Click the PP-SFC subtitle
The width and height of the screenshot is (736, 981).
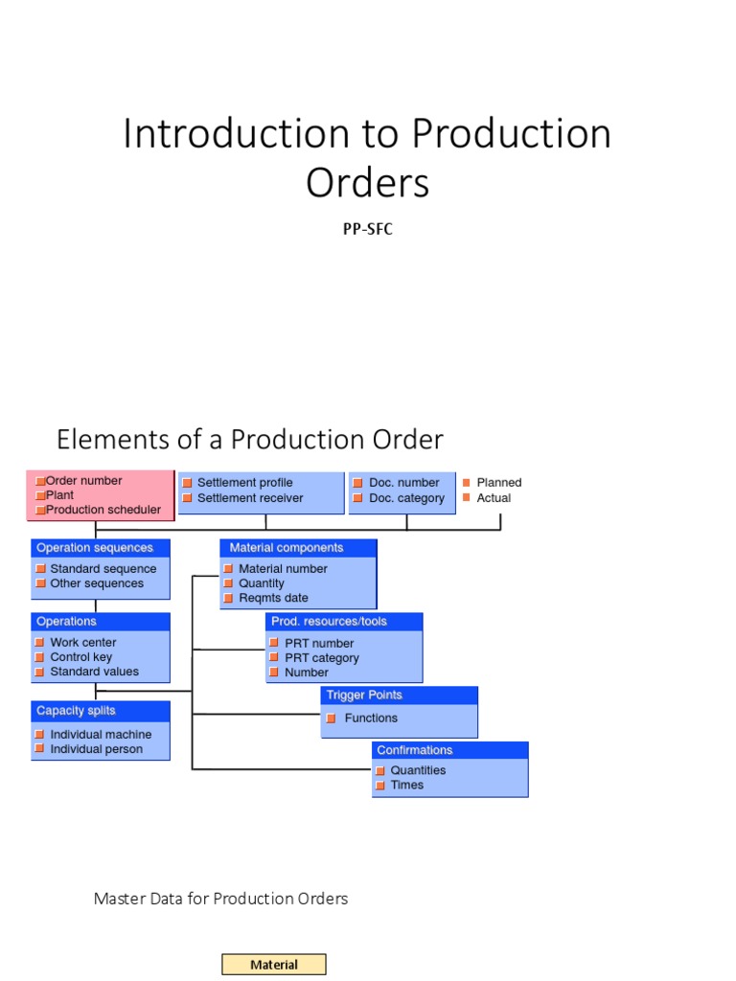coord(368,229)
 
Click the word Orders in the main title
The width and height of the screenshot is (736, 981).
coord(368,182)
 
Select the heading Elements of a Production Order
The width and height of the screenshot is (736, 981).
coord(250,440)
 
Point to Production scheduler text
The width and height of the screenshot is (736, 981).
coord(103,510)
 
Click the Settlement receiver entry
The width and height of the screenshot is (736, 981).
coord(250,498)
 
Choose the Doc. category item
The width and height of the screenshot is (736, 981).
coord(406,498)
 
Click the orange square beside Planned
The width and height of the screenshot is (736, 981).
coord(467,483)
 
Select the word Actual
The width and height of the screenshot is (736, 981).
coord(494,498)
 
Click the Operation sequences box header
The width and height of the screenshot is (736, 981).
coord(95,548)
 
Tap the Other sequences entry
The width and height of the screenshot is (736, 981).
coord(97,583)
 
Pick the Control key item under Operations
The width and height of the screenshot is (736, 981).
coord(81,657)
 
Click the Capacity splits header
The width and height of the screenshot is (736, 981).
coord(76,711)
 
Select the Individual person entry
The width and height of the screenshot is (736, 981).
coord(96,749)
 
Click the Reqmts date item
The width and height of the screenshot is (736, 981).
coord(273,598)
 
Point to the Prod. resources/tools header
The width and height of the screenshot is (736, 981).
coord(330,622)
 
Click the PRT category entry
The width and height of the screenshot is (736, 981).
coord(322,658)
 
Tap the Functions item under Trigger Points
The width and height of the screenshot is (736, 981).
coord(371,718)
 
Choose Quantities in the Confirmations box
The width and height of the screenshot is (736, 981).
coord(418,770)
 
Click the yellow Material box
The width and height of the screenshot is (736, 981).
coord(274,965)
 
